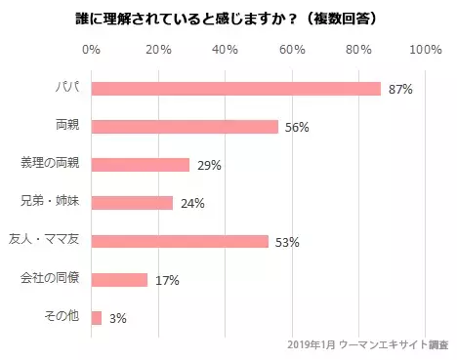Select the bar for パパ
point(235,89)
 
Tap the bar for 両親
point(185,127)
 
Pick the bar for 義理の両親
point(140,165)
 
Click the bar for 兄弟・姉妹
point(132,203)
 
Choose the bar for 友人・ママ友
point(180,241)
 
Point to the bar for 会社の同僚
point(119,280)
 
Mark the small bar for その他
point(96,318)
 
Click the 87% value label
point(400,90)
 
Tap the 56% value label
point(297,128)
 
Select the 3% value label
point(118,319)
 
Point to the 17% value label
point(167,281)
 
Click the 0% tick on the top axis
point(92,50)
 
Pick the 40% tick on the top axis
point(226,50)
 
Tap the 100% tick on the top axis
point(426,50)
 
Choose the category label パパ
point(67,89)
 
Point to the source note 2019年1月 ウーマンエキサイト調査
point(369,344)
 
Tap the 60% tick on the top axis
point(293,50)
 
